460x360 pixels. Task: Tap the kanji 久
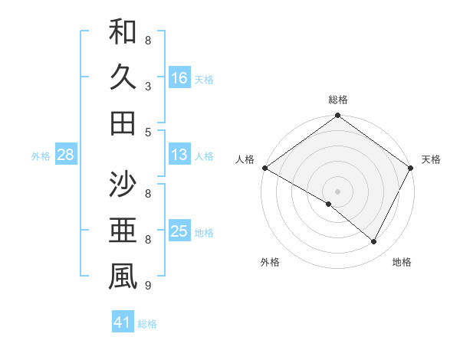click(123, 77)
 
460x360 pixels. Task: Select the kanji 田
click(123, 122)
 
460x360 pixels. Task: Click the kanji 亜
click(123, 231)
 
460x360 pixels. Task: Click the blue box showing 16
click(179, 77)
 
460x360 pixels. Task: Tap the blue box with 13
click(179, 155)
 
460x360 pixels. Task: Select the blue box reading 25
click(179, 231)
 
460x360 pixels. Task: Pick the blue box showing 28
click(66, 155)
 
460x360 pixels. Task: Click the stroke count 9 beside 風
click(148, 286)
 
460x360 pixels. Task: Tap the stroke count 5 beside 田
click(148, 132)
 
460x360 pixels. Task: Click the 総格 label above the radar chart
click(338, 100)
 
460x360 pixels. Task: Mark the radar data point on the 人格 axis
click(264, 168)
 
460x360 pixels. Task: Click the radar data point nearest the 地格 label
click(374, 242)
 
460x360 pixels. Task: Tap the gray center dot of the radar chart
click(338, 190)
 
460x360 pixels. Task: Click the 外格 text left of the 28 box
click(41, 155)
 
